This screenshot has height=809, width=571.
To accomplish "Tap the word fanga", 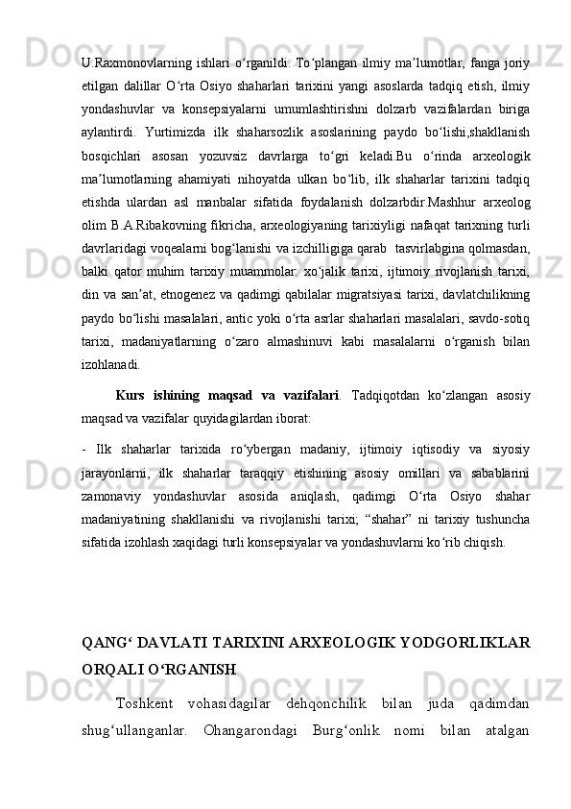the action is click(x=484, y=64).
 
